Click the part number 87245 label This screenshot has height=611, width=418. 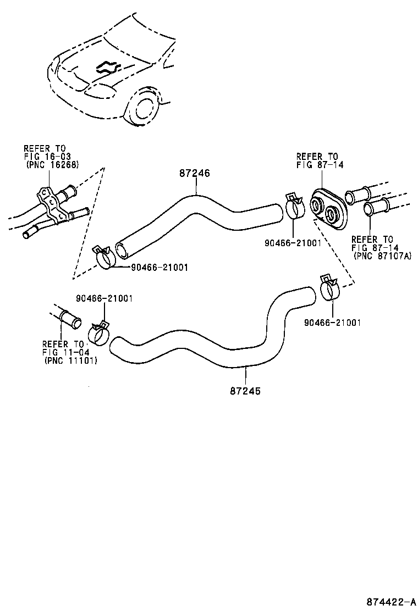[245, 391]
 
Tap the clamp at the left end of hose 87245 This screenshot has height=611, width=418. [99, 333]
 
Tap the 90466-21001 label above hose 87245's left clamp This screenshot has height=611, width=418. [105, 298]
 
